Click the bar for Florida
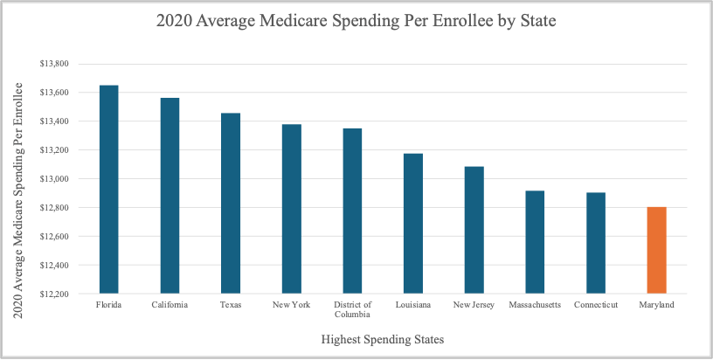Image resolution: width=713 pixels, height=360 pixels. [108, 189]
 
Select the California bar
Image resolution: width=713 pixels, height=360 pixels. [170, 196]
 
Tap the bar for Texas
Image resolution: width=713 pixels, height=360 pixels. [231, 204]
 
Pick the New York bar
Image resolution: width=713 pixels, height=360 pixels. [292, 209]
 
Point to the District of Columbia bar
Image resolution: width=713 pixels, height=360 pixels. [352, 211]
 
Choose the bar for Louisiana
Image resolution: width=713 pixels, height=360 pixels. [413, 223]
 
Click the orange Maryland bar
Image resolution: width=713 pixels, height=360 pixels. [656, 250]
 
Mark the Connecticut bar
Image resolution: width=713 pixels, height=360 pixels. [596, 243]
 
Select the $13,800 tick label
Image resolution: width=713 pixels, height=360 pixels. [54, 64]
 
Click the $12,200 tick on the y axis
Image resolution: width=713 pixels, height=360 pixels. [54, 294]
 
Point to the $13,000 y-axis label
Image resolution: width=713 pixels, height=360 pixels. [54, 179]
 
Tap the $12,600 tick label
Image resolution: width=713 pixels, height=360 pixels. [54, 237]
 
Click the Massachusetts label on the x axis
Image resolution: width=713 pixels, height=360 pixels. [535, 305]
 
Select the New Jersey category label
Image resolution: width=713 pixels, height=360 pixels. [474, 305]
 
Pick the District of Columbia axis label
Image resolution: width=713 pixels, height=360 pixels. [352, 309]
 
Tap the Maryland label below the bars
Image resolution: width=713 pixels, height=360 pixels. [656, 305]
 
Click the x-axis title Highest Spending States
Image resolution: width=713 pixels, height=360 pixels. [383, 339]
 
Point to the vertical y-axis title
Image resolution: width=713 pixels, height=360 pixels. [17, 200]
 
